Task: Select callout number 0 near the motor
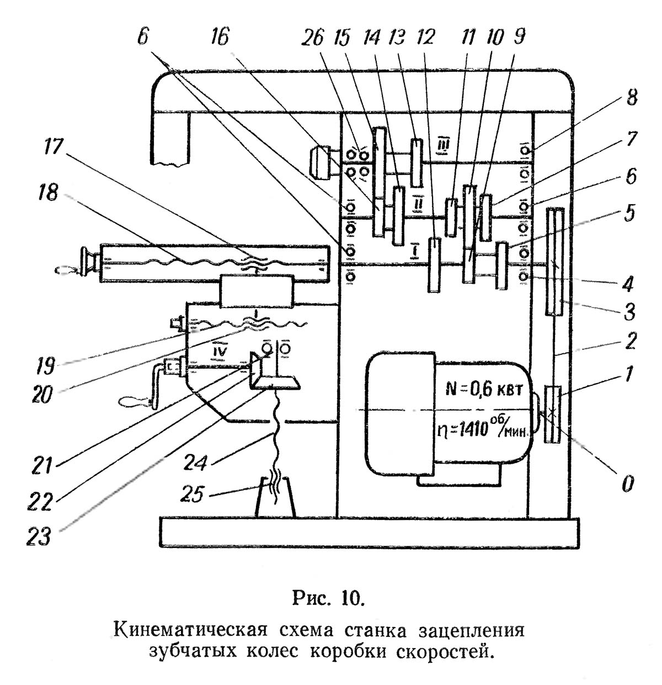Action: pyautogui.click(x=627, y=484)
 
